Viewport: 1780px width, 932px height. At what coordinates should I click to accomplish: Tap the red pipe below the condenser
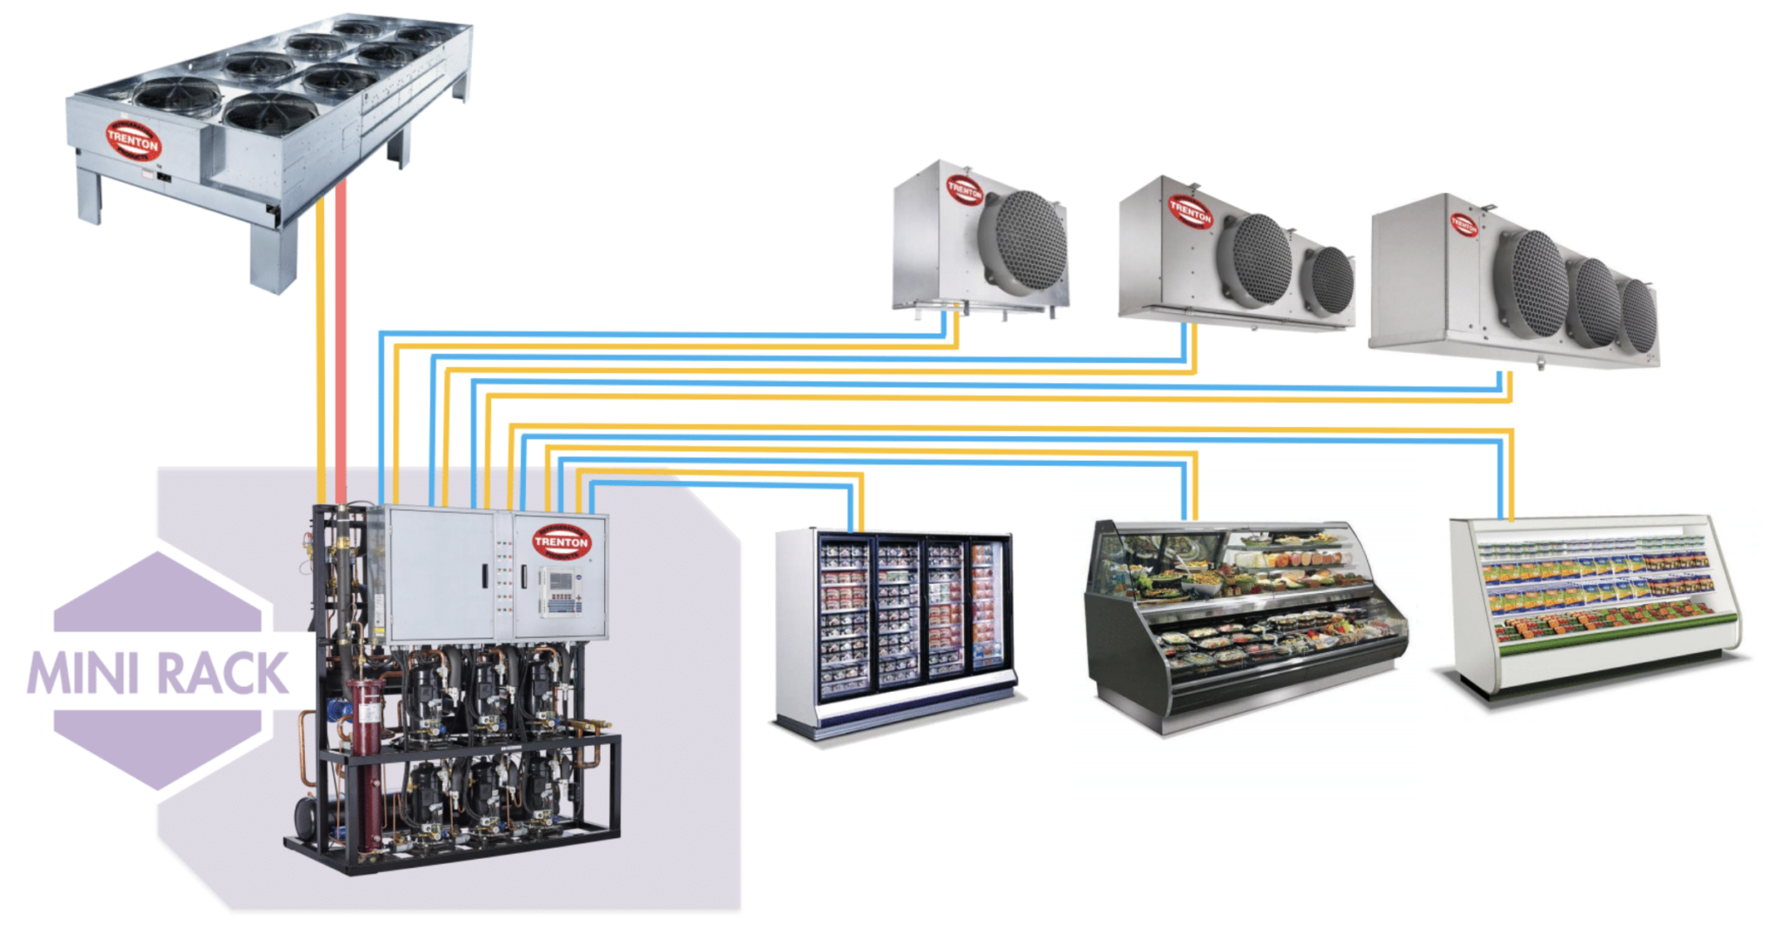pyautogui.click(x=342, y=348)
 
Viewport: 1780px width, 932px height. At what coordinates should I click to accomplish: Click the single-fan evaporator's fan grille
pyautogui.click(x=1026, y=243)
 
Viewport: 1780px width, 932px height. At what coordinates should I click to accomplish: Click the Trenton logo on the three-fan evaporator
pyautogui.click(x=1463, y=224)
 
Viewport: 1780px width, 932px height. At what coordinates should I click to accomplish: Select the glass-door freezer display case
pyautogui.click(x=895, y=626)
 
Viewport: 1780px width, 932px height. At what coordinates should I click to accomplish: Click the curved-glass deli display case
pyautogui.click(x=1243, y=617)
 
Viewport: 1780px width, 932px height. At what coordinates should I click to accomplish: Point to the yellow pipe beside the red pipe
pyautogui.click(x=322, y=348)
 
